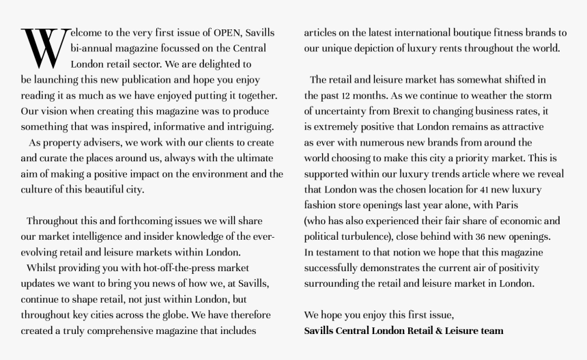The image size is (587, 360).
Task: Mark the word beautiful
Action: [98, 190]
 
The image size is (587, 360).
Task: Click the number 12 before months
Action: [347, 96]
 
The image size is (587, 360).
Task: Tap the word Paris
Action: [508, 206]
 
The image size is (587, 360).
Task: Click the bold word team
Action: [491, 331]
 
